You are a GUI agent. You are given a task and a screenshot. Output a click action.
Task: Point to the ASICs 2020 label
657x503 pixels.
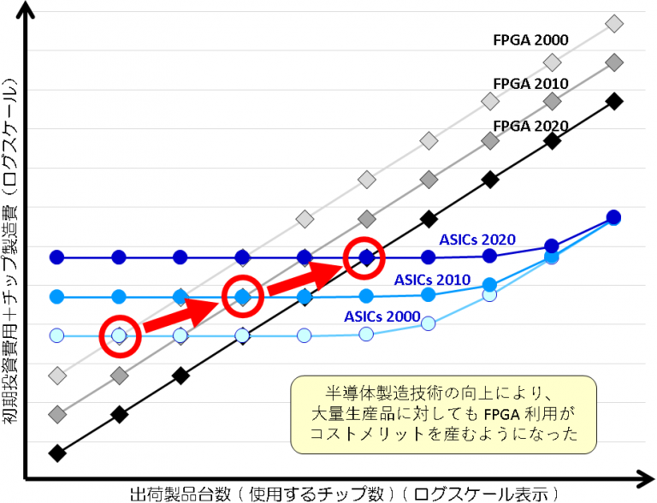477,240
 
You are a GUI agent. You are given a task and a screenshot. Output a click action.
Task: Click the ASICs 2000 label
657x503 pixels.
382,316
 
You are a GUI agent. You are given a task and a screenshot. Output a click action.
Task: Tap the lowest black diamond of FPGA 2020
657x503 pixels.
57,453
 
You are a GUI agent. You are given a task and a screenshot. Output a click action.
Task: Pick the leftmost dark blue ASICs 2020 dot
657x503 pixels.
57,257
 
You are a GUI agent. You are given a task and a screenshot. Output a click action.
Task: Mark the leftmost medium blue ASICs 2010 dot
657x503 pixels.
57,297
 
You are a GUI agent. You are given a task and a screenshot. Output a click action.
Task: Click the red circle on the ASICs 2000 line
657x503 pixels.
119,335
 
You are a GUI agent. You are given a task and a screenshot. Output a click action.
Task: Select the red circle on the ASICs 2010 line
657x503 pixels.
242,297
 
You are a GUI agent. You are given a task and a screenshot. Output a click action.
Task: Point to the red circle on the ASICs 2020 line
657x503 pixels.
365,257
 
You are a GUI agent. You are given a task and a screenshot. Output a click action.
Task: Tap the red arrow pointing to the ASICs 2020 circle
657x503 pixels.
304,276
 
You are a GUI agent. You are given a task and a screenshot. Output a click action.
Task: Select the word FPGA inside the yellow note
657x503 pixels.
500,415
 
